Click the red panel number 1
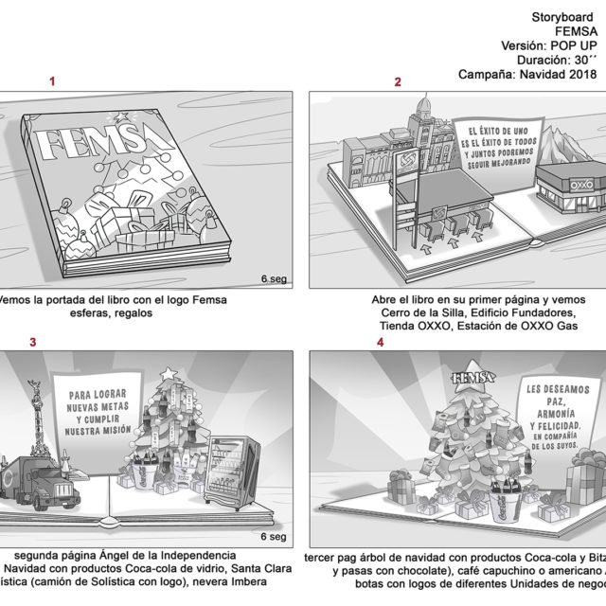52,82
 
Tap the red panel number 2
398,82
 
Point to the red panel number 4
381,342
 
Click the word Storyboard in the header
565,16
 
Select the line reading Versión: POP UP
552,45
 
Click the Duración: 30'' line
558,59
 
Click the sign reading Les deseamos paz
557,417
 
